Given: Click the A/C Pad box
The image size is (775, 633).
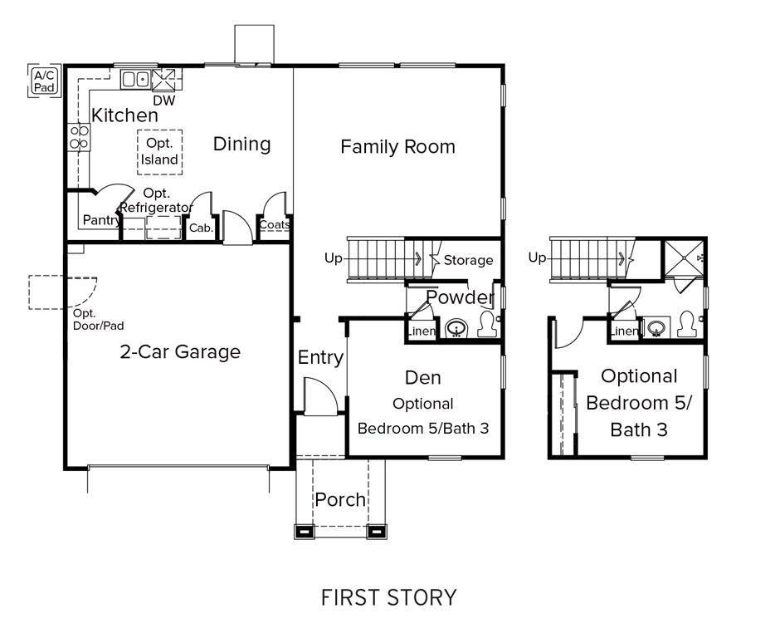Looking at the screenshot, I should point(44,81).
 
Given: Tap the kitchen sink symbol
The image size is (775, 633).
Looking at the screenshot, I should point(134,79).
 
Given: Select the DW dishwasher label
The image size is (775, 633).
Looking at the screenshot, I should point(163,101).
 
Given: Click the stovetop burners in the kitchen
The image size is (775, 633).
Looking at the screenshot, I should point(79,136).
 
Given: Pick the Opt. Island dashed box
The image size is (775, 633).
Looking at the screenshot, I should point(159,151).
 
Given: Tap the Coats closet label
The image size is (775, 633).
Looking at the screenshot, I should point(275,225).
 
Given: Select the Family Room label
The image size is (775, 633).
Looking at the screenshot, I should point(397,147).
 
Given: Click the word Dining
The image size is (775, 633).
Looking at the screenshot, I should point(241,144).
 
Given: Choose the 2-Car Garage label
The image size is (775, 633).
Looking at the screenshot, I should point(180,351).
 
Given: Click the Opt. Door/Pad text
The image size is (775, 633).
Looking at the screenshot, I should point(98,320).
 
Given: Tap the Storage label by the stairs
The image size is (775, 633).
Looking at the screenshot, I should point(468,260).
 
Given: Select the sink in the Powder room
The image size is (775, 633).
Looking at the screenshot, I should point(456,330).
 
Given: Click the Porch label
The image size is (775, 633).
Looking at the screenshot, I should point(340,499).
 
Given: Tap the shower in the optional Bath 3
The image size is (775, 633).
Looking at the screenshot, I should point(684,258).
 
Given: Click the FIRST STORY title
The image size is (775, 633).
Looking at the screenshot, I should point(388,596).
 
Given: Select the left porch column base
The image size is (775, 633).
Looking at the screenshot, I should point(304,530).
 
